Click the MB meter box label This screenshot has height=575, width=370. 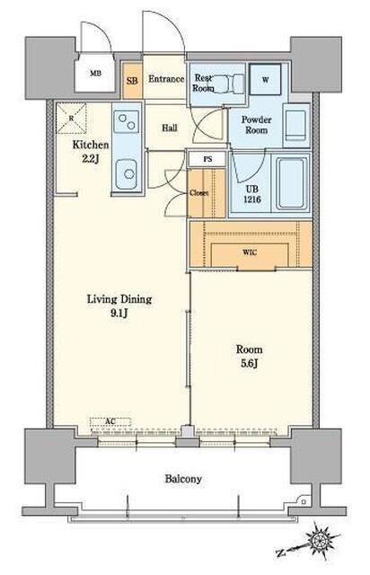coord(96,74)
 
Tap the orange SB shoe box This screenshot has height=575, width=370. coord(132,81)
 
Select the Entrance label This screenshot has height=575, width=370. coord(166,79)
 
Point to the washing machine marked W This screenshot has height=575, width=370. coord(265,80)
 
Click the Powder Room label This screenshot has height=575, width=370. coord(256,125)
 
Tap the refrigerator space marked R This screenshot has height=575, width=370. coord(72,118)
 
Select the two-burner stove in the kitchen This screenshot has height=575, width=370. coord(127,122)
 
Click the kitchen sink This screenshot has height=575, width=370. coord(127,173)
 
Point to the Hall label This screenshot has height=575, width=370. coord(170,128)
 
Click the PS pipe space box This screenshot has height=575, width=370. coord(207,159)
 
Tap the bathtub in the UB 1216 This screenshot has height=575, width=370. coord(292,183)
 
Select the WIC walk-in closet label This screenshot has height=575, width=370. coord(250,252)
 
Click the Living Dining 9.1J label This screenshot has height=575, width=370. coord(119,305)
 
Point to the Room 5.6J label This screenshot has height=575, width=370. coord(249,356)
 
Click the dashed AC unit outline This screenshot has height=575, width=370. coord(110,421)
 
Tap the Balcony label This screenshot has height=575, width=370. coord(183,479)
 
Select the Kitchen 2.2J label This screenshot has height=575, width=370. coord(91,152)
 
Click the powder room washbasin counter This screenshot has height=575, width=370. coord(296,125)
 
